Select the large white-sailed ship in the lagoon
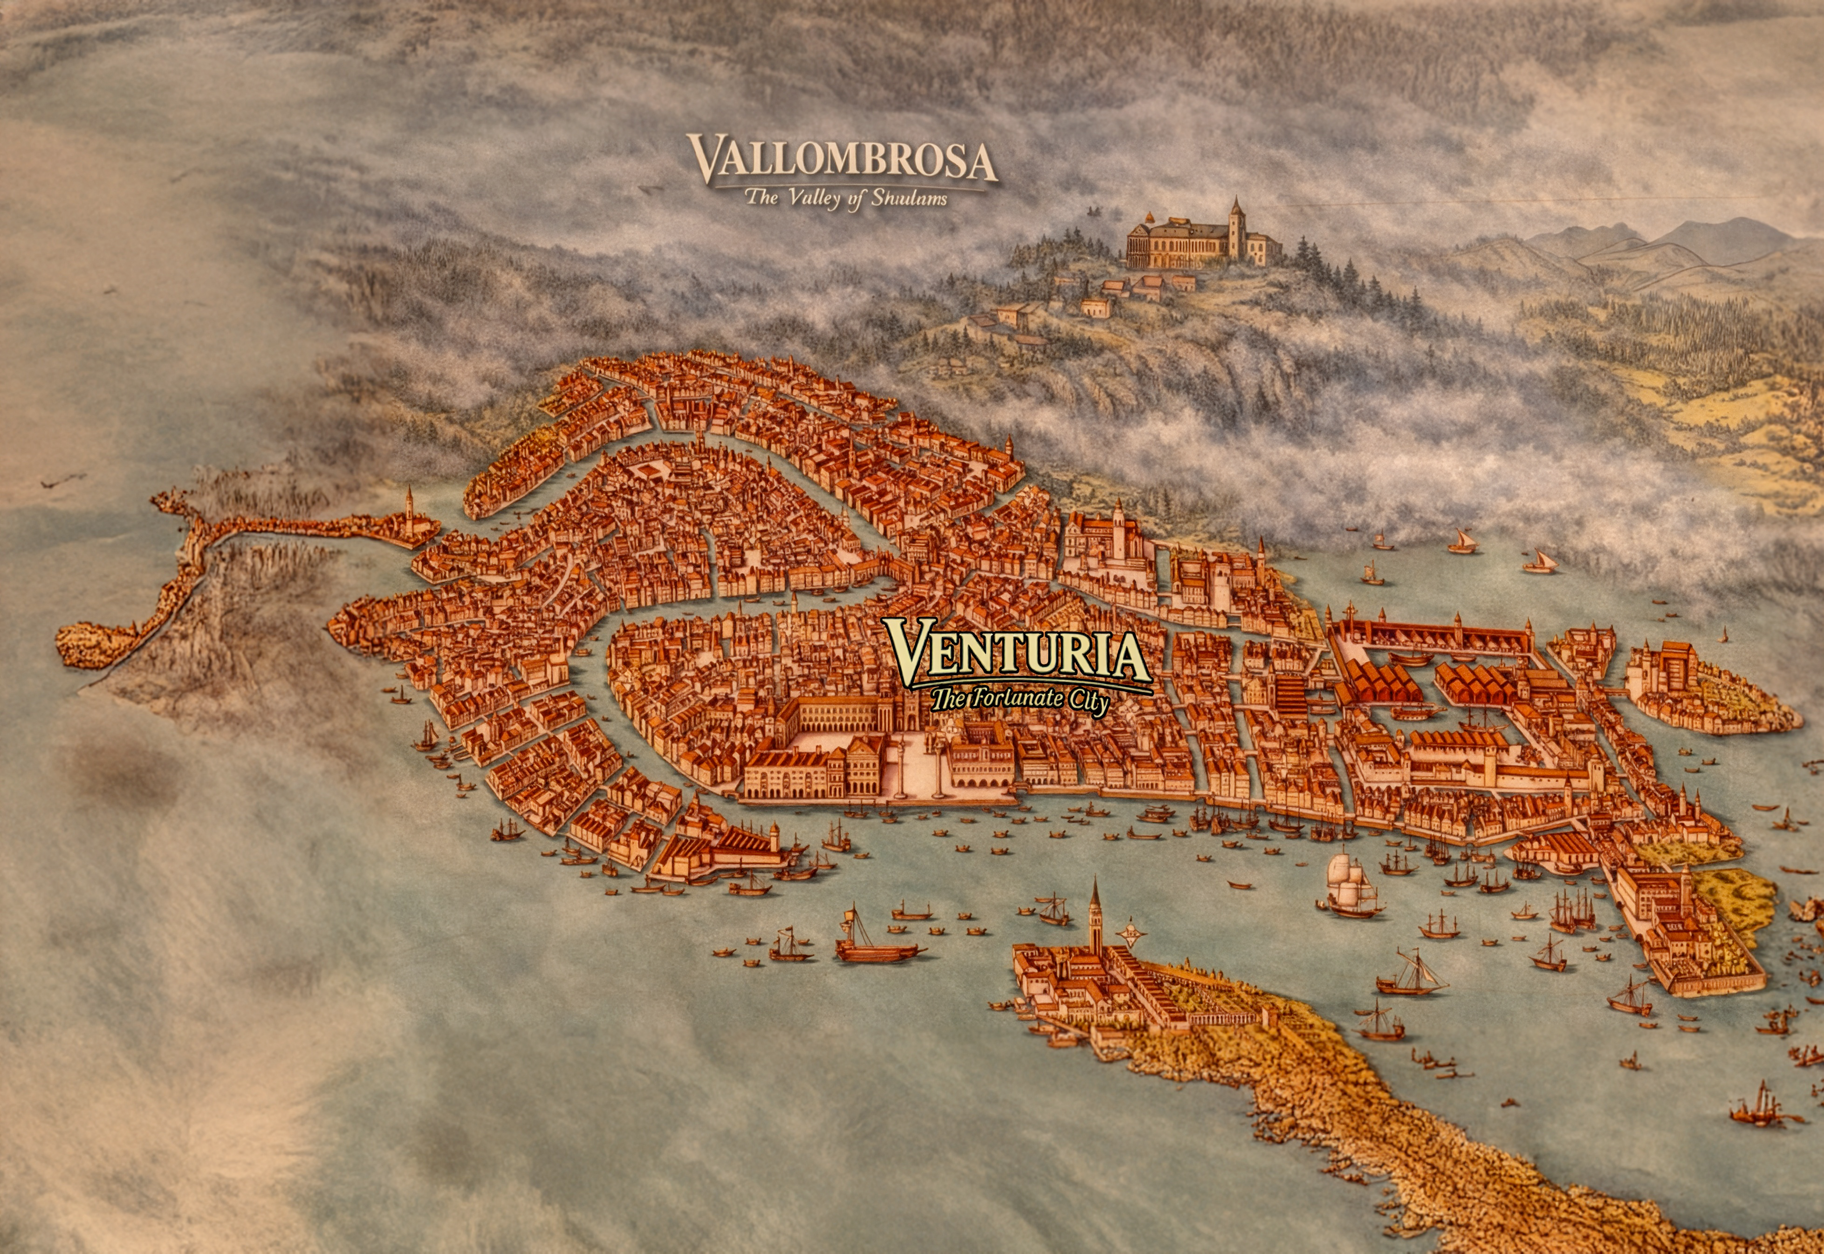(1349, 882)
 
